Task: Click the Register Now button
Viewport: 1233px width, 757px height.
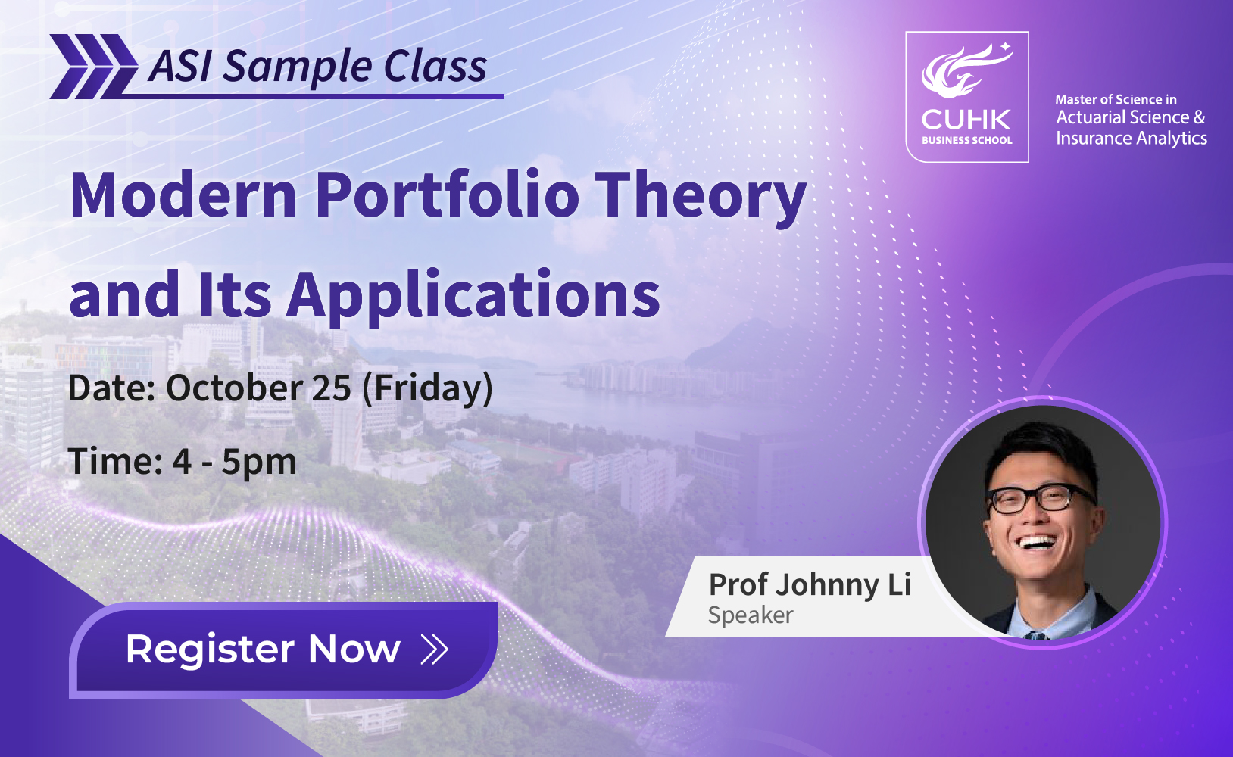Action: (x=283, y=650)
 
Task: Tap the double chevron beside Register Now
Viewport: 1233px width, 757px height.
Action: (x=434, y=650)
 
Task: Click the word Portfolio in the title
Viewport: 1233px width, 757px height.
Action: (x=447, y=195)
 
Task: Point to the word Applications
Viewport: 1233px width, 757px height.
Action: (x=473, y=297)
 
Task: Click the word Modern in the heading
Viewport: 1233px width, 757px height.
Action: (x=183, y=195)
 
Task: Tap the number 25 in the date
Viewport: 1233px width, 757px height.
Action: (x=332, y=388)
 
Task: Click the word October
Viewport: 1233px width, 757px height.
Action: (x=235, y=388)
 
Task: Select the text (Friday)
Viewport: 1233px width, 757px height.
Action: (x=428, y=390)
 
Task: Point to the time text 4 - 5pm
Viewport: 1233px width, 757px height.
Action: (x=235, y=462)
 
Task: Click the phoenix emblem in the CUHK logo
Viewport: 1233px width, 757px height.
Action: (x=966, y=71)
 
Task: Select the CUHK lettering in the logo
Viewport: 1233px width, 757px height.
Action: (x=966, y=120)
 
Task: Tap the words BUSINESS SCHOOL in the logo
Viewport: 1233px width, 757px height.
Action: (x=967, y=140)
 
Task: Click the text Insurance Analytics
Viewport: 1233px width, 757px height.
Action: (x=1132, y=138)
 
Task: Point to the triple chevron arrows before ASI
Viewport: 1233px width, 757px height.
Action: (x=94, y=67)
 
